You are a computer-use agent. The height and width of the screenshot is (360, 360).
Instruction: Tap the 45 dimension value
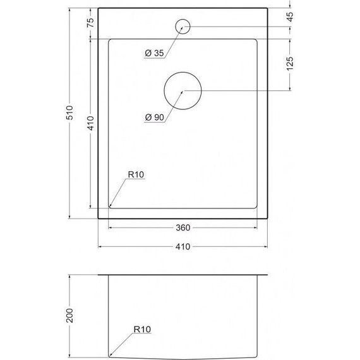point(290,17)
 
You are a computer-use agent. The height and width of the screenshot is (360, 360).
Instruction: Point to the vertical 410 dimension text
point(90,123)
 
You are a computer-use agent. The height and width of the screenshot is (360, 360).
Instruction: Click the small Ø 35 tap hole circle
point(183,26)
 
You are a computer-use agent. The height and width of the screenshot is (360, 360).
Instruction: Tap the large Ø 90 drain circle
point(183,91)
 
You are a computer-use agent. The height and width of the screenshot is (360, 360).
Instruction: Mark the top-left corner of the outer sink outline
point(99,9)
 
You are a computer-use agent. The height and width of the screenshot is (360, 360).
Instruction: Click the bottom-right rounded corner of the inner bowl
point(256,206)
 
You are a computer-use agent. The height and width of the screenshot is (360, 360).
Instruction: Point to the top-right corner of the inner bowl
point(256,40)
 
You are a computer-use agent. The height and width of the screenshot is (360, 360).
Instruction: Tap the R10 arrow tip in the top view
point(110,206)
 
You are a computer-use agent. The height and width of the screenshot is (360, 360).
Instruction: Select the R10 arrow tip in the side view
point(110,354)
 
